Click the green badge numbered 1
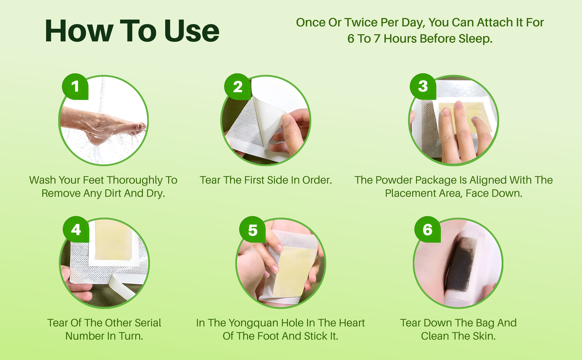tap(75, 86)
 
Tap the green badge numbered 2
tap(238, 87)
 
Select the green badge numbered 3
tap(423, 86)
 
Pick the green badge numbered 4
tap(76, 229)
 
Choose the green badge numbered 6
tap(427, 229)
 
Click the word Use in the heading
tap(192, 31)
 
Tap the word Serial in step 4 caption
tap(148, 323)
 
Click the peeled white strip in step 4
tap(121, 286)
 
